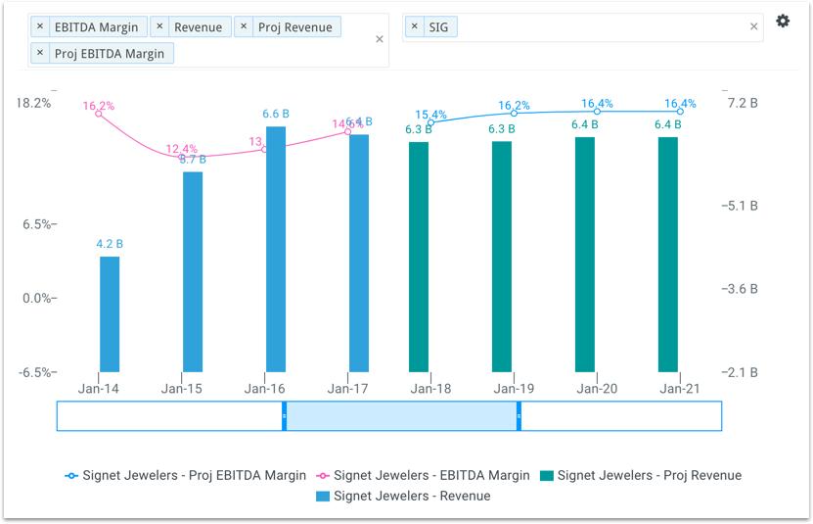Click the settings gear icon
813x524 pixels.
783,22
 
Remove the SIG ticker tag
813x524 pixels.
415,27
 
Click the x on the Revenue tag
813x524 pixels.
160,27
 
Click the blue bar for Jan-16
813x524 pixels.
276,249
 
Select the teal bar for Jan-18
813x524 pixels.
419,257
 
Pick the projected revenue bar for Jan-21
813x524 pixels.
668,255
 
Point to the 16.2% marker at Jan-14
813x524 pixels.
99,114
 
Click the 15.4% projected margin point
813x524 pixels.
430,122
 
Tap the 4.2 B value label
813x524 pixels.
110,244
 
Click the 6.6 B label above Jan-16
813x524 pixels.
276,114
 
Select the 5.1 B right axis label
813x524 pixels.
739,206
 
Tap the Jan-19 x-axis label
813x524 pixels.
514,389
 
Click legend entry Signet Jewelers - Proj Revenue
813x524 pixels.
640,475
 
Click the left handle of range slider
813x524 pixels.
285,416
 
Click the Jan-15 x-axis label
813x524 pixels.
181,389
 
